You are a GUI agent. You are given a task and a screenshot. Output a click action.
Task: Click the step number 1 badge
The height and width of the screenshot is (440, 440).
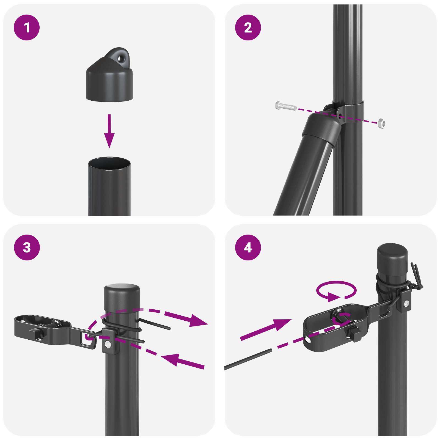click(x=27, y=28)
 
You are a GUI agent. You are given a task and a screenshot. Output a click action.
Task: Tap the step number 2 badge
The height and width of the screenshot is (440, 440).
click(x=248, y=28)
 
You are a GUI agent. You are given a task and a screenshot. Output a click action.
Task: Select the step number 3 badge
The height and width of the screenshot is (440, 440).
click(x=27, y=247)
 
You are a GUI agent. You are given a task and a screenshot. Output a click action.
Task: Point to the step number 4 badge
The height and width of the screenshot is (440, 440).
click(x=248, y=247)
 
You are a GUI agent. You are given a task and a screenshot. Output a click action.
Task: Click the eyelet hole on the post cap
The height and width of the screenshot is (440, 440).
click(x=120, y=59)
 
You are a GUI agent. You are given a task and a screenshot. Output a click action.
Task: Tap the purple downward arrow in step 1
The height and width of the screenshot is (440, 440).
click(x=109, y=132)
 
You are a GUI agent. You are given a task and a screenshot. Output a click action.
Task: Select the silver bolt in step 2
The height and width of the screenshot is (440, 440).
click(x=285, y=106)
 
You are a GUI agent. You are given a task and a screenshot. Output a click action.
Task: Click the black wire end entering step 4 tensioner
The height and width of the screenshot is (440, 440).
click(x=248, y=359)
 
